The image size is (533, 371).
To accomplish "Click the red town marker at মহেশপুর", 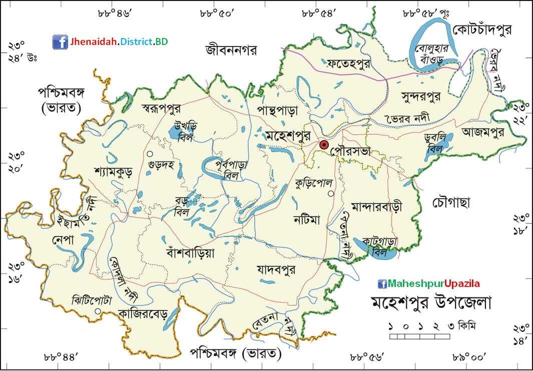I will [323, 145].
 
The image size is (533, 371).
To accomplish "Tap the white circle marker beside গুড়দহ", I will [149, 153].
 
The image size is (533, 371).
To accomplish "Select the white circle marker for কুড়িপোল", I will [330, 193].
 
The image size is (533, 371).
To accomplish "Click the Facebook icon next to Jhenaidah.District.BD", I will [60, 41].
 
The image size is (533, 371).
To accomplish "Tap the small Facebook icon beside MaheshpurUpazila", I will [382, 284].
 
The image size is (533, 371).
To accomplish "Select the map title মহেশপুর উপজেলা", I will [431, 303].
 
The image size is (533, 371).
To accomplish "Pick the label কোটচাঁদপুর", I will [482, 30].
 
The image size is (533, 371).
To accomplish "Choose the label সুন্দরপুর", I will [421, 96].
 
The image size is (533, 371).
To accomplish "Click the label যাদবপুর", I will [275, 269].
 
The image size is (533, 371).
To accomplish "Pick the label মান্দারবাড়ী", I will [377, 206].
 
